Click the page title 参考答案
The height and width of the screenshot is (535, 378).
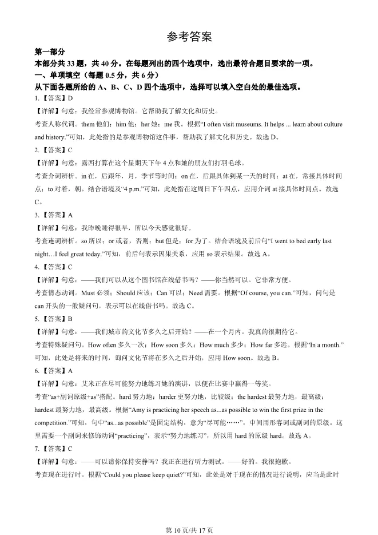[189, 37]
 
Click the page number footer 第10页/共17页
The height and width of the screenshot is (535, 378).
[189, 530]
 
